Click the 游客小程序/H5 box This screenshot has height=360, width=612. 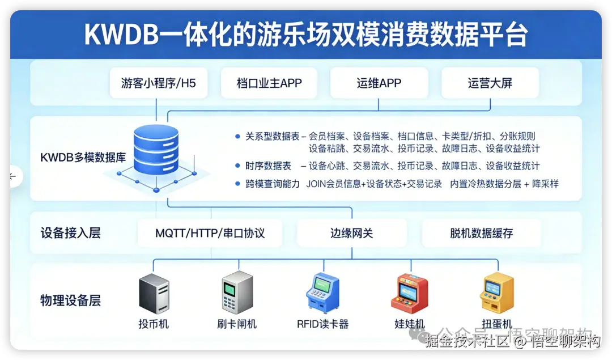point(158,83)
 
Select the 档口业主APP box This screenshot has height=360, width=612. point(269,83)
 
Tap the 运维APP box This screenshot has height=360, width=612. point(379,83)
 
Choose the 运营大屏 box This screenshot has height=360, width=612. point(490,83)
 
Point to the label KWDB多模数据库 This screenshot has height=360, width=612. point(83,158)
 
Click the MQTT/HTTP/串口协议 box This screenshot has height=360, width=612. point(210,233)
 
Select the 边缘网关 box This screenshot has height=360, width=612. point(352,233)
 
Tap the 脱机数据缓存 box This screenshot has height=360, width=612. point(481,233)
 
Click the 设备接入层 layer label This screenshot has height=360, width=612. point(70,233)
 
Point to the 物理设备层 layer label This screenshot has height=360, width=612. point(70,300)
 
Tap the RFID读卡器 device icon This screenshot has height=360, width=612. point(322,294)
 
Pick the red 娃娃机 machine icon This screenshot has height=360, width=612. point(410,294)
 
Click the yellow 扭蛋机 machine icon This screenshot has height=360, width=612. point(497,294)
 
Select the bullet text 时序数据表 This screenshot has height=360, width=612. point(268,166)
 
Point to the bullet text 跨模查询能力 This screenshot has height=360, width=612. point(273,184)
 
